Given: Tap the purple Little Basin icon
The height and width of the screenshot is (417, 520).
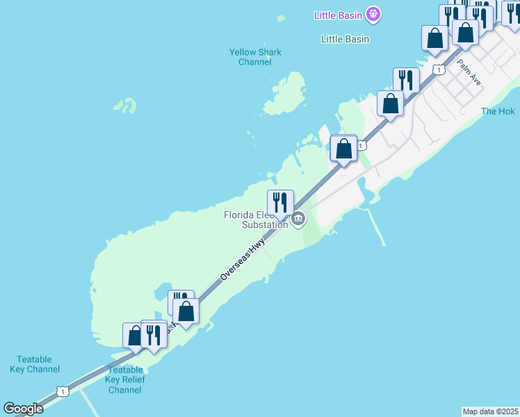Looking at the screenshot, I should click(x=374, y=13).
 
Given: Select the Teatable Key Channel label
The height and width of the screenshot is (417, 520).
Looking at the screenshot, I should click(x=35, y=364).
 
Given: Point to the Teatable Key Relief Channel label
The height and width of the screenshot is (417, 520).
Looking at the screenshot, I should click(x=125, y=379).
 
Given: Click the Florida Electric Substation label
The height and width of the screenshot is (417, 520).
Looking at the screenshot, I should click(x=255, y=220).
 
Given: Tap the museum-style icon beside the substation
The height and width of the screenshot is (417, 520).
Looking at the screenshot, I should click(x=298, y=220).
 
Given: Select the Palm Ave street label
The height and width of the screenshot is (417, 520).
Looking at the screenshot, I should click(x=469, y=72).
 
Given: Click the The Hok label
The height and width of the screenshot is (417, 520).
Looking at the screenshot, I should click(x=498, y=111).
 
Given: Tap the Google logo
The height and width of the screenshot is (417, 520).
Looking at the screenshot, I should click(x=23, y=409).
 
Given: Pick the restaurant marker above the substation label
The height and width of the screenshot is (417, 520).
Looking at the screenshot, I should click(x=281, y=202).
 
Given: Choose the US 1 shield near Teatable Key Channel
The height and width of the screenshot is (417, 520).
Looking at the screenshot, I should click(x=63, y=392).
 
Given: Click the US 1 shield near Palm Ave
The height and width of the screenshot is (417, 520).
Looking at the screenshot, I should click(x=438, y=69).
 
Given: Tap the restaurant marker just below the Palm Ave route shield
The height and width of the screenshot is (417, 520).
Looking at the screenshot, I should click(x=406, y=80).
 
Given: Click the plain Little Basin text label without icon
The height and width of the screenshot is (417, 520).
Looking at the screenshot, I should click(x=345, y=39).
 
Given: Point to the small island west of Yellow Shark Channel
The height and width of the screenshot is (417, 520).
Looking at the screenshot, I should click(x=126, y=106).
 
